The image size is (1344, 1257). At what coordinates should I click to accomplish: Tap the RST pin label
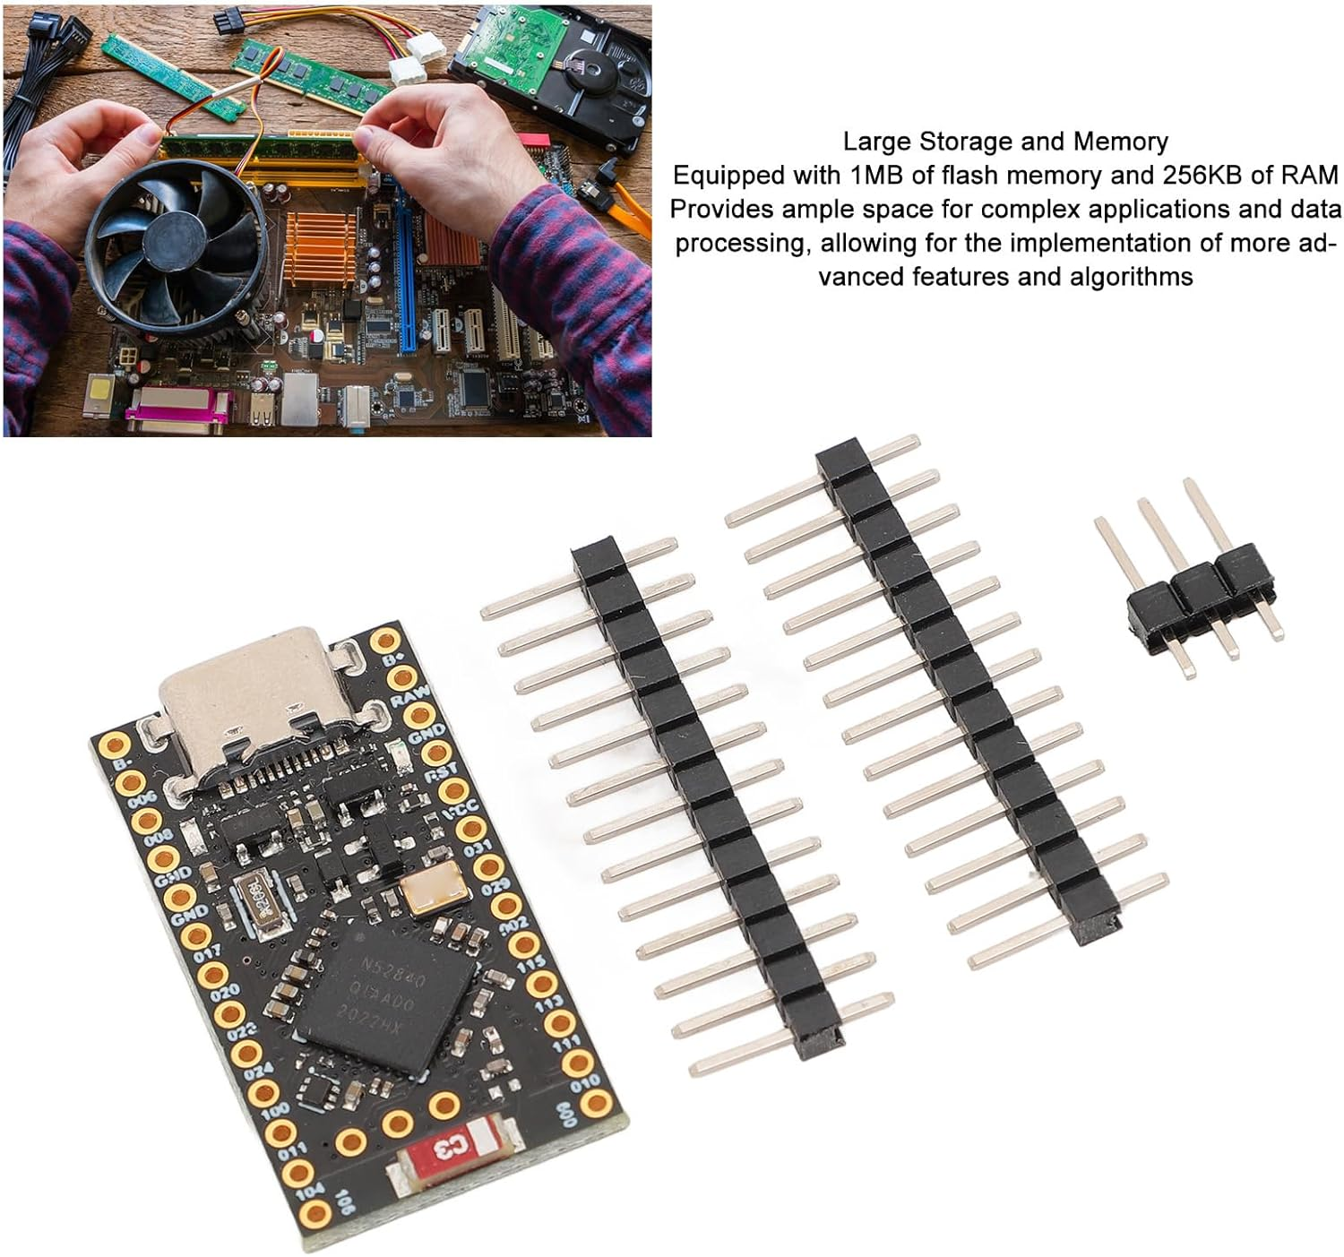click(x=441, y=771)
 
